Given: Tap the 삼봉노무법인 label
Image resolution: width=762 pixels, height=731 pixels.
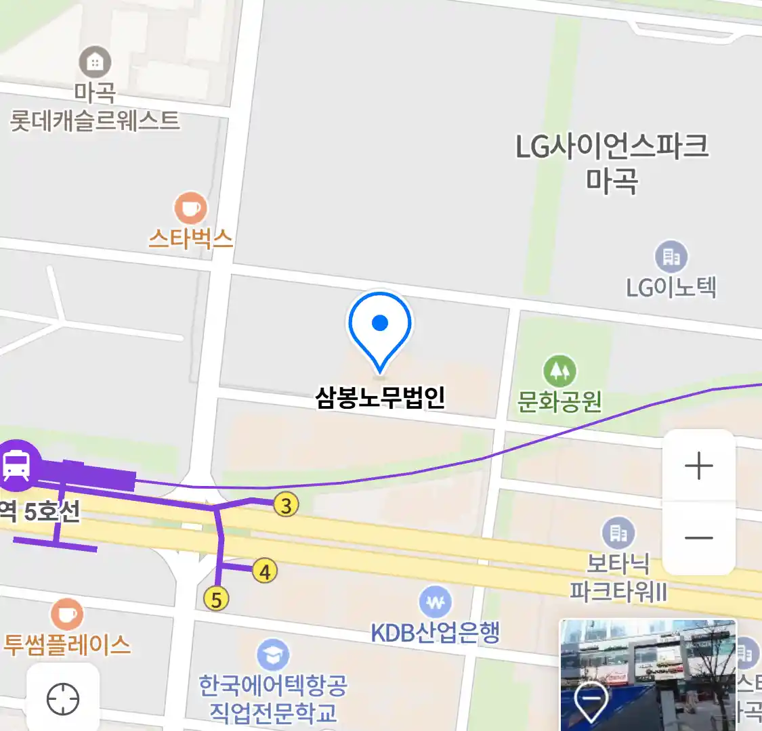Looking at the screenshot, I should pos(380,397).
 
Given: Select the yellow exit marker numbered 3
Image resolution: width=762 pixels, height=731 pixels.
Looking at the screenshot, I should pos(286,504).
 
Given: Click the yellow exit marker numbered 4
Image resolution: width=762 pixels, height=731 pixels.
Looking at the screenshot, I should pos(265,571).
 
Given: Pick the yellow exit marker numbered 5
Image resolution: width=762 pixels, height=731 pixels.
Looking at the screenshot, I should pos(216,599).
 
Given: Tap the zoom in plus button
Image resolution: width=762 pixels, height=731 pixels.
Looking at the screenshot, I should pos(699,466).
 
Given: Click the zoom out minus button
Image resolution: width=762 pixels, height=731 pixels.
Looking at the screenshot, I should pos(699,538).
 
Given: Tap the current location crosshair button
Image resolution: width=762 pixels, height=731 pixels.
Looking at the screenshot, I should pos(63,699).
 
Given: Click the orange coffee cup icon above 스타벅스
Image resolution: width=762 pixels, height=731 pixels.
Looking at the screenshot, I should pos(190,208).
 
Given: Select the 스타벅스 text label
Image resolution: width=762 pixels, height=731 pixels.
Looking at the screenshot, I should pos(190,238).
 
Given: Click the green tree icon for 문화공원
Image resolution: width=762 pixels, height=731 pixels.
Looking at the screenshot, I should pos(559,370).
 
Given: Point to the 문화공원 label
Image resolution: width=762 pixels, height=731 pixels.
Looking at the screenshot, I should pos(559,401).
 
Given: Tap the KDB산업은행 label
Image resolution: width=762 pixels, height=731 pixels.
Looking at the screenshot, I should pos(435,632).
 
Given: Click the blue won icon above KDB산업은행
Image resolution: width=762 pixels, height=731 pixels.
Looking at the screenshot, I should pos(435,602).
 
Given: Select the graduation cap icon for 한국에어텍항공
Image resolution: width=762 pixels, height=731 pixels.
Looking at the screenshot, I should pos(273,655).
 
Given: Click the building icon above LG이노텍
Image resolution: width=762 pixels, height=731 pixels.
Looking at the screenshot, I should pos(671,257).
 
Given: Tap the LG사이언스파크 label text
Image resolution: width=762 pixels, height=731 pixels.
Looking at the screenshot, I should pos(612,146).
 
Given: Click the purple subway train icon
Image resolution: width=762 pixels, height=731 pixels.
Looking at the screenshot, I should pos(16,465).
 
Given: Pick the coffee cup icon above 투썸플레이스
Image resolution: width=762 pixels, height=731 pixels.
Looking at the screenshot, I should pos(67,614).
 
